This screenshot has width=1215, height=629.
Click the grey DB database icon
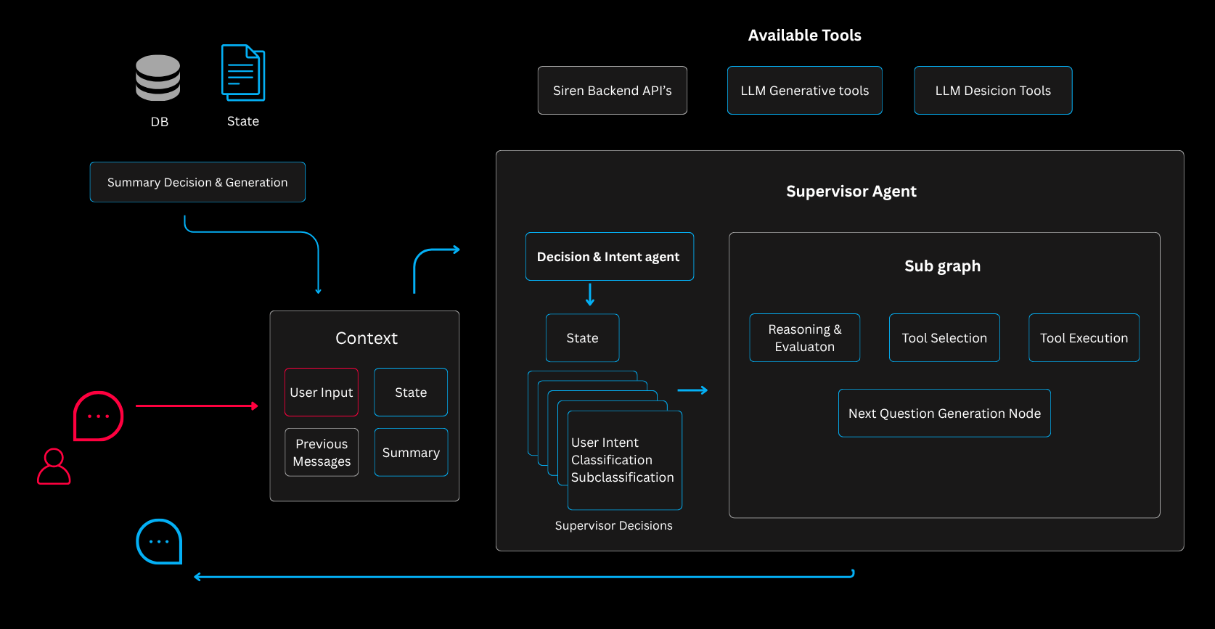click(157, 78)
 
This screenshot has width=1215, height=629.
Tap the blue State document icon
click(243, 73)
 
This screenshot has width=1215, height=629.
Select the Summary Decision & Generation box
click(197, 182)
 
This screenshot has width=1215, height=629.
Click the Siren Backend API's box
click(612, 91)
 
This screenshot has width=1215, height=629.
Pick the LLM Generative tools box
click(804, 91)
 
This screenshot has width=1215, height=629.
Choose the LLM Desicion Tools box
click(992, 91)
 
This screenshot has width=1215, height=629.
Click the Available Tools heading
click(804, 36)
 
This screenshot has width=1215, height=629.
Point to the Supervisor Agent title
click(851, 192)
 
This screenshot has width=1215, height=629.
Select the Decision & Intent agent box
click(609, 257)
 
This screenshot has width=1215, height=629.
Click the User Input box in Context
click(321, 392)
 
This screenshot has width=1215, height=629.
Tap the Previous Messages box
click(322, 453)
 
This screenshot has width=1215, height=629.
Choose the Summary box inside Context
click(411, 453)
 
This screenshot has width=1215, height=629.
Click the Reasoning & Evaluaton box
click(804, 338)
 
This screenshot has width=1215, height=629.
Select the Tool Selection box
click(944, 338)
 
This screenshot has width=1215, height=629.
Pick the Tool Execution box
click(1084, 338)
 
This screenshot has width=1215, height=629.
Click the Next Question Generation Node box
click(944, 414)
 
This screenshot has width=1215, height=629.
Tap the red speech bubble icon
click(98, 416)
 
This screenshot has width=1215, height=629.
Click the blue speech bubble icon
click(159, 541)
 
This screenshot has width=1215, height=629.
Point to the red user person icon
click(54, 466)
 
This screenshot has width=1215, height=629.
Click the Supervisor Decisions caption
click(613, 526)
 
